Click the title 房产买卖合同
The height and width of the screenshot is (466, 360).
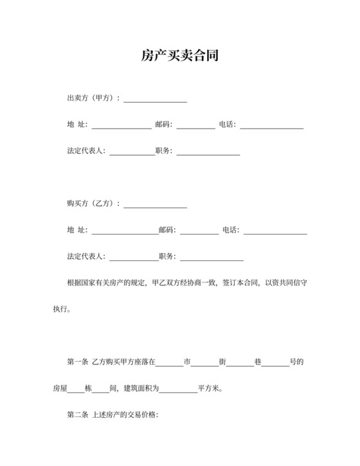tap(180, 57)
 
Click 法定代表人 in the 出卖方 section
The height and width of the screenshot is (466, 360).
tap(86, 151)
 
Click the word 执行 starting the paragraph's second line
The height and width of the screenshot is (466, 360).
tap(60, 309)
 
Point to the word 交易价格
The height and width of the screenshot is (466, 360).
tap(144, 415)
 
